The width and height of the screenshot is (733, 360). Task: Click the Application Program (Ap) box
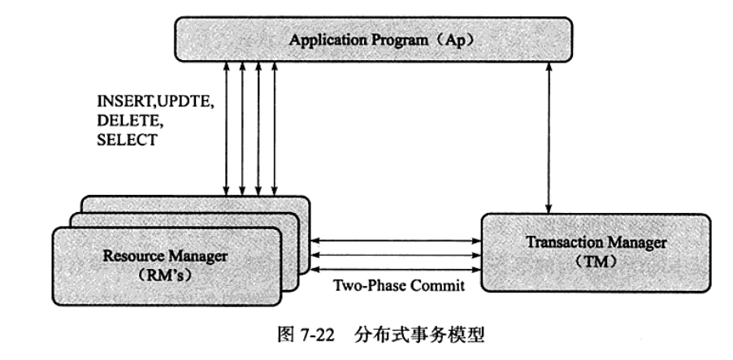pyautogui.click(x=375, y=39)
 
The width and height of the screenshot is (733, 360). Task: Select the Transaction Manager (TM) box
pyautogui.click(x=596, y=251)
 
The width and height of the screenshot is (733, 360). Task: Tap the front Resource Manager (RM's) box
pyautogui.click(x=166, y=265)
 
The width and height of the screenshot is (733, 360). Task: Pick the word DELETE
pyautogui.click(x=123, y=123)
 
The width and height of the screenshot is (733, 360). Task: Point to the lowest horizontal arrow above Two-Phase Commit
pyautogui.click(x=396, y=270)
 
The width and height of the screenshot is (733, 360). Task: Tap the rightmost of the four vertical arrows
pyautogui.click(x=275, y=129)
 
